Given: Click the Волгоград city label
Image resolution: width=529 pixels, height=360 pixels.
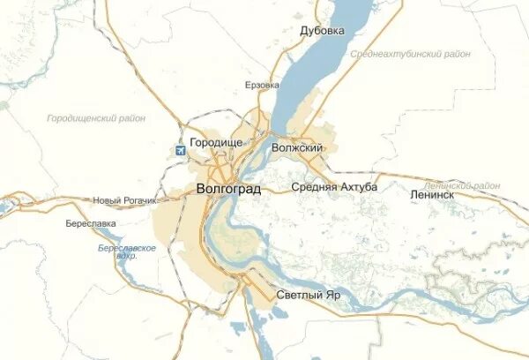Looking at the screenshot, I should pyautogui.click(x=228, y=189).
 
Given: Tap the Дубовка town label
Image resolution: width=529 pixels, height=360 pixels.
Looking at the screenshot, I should pyautogui.click(x=322, y=31).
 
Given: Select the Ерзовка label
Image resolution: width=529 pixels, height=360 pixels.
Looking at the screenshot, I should pyautogui.click(x=262, y=86).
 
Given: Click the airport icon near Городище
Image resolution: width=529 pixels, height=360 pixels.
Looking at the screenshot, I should pyautogui.click(x=181, y=149).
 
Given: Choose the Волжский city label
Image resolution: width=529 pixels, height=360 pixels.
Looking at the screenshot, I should pyautogui.click(x=298, y=147).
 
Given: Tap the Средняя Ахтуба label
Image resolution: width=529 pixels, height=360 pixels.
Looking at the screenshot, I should pyautogui.click(x=334, y=187).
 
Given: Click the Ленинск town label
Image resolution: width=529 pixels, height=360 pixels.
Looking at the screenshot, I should pyautogui.click(x=432, y=194).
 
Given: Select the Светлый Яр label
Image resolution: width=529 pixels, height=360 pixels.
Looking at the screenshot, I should pyautogui.click(x=308, y=295).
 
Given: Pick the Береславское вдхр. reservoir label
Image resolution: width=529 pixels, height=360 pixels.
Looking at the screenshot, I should pyautogui.click(x=128, y=253).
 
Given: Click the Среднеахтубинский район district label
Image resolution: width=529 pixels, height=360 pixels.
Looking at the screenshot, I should pyautogui.click(x=410, y=54).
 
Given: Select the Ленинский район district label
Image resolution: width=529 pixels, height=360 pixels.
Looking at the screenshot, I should pyautogui.click(x=462, y=186).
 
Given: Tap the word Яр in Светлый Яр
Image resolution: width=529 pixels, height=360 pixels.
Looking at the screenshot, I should pyautogui.click(x=331, y=295).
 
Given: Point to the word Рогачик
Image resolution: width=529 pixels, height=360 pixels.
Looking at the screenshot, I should pyautogui.click(x=138, y=200).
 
